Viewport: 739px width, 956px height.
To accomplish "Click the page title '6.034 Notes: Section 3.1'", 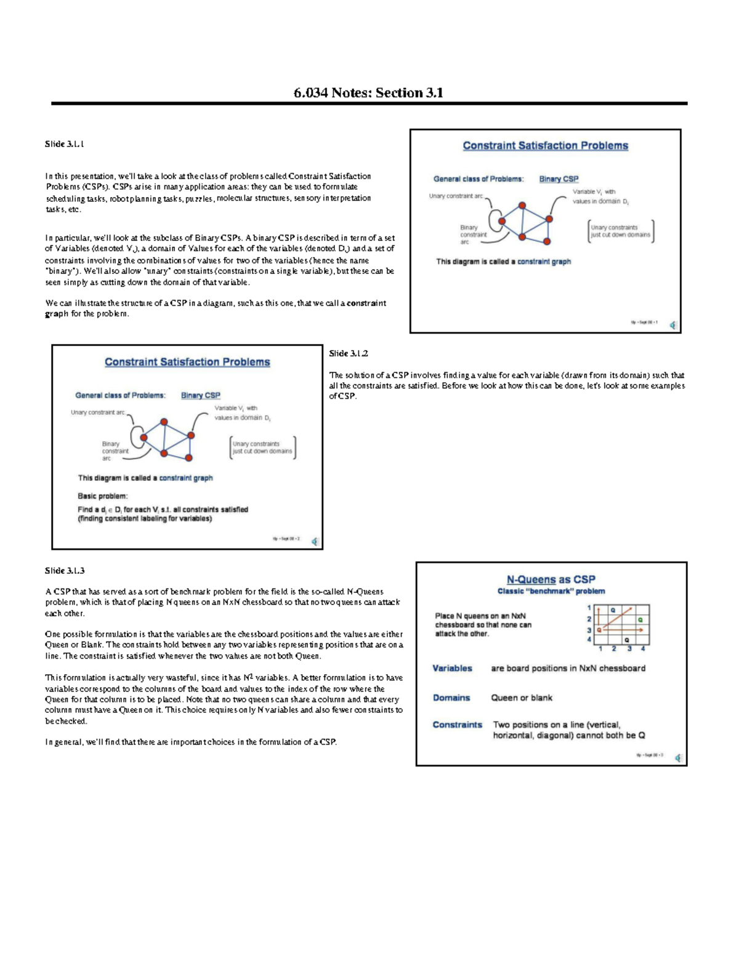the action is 368,93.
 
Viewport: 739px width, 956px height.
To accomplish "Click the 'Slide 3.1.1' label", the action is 64,144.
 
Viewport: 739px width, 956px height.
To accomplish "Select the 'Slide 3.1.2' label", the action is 349,353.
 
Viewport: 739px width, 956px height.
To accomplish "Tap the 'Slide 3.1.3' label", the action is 65,571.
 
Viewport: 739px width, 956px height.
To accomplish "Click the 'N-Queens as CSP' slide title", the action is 551,579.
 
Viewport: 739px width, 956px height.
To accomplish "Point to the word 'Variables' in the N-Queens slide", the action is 452,668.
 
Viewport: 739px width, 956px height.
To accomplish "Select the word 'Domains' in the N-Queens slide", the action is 451,697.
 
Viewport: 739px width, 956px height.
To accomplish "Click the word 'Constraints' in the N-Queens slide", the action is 457,725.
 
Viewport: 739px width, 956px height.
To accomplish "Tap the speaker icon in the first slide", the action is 673,325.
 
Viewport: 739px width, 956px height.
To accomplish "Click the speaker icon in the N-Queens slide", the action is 678,758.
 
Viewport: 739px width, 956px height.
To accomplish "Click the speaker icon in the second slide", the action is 315,541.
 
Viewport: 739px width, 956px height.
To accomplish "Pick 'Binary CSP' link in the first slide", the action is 559,179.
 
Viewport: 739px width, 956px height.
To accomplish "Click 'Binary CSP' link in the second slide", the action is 200,395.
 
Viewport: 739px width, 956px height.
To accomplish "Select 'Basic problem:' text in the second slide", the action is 102,496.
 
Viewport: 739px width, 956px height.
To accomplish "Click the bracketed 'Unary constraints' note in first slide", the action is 620,231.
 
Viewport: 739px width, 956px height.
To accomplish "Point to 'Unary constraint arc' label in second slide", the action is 98,412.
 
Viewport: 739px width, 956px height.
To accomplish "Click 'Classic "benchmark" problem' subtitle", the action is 551,591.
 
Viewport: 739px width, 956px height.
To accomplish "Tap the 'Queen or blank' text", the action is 521,697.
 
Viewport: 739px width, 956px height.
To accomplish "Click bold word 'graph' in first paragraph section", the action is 57,314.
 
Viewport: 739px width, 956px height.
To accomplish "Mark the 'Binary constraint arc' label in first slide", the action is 473,235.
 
